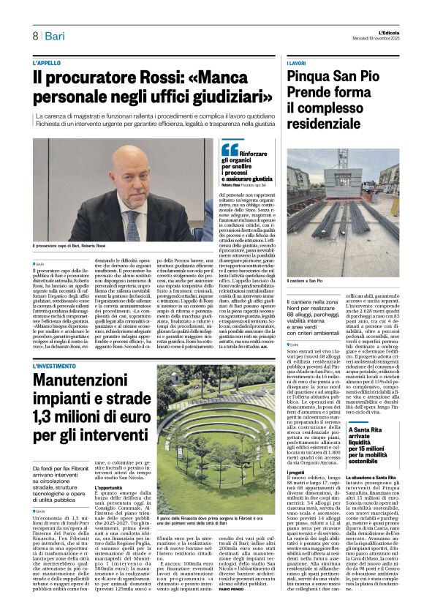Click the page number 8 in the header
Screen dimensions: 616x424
tap(34, 36)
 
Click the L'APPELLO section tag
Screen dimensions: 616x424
tap(48, 64)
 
